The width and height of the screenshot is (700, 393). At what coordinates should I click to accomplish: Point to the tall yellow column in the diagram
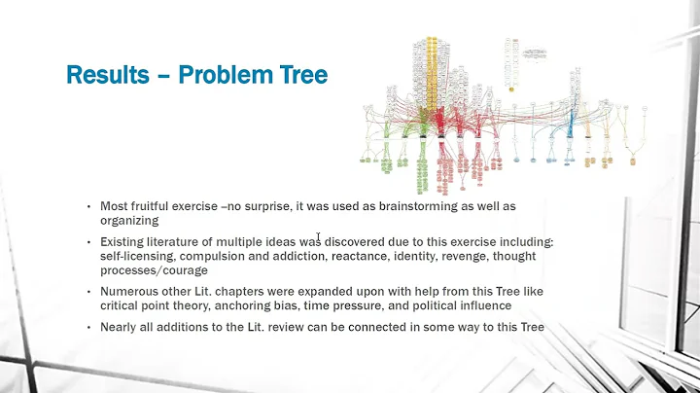[x=433, y=83]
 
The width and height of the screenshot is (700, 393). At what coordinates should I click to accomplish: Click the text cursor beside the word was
[x=318, y=236]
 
